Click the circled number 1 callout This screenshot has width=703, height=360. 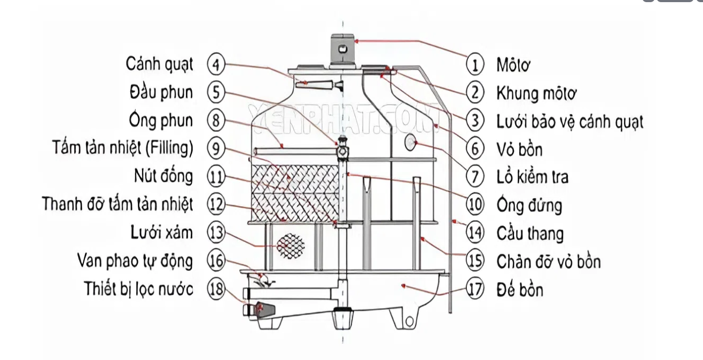(475, 65)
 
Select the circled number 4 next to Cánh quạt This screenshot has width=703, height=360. (216, 65)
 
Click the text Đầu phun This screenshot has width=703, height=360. (161, 92)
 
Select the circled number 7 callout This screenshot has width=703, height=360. (475, 176)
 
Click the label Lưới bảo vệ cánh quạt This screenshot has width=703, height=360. (569, 122)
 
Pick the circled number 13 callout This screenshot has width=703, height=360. (216, 233)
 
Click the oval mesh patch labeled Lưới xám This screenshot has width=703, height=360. (291, 245)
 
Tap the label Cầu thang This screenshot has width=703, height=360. (529, 233)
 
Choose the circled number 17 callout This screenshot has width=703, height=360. (475, 289)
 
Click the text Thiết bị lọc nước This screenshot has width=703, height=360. (138, 289)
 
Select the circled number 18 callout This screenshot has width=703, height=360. (216, 289)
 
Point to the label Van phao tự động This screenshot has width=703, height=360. (135, 261)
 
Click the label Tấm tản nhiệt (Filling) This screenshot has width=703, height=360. (123, 148)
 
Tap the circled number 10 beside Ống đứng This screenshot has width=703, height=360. (475, 205)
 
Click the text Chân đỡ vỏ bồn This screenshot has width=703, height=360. (548, 262)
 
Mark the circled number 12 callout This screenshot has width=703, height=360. (216, 205)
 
